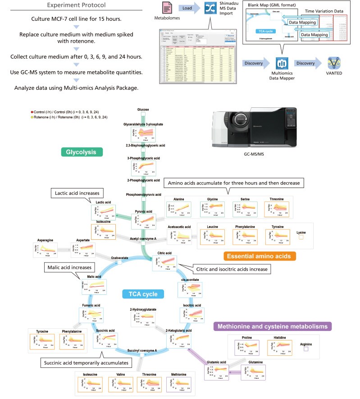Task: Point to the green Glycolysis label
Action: point(81,152)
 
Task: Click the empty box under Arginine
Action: point(305,349)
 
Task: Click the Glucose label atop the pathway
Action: point(143,110)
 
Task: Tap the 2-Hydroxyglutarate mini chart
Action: point(142,318)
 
